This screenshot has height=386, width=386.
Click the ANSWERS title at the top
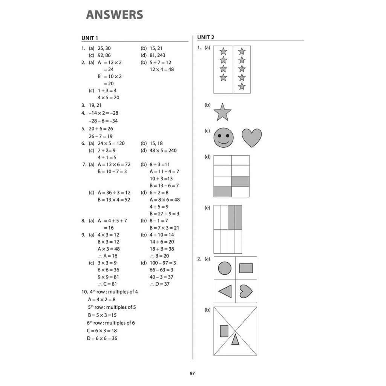click(115, 15)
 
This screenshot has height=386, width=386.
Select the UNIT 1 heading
click(90, 38)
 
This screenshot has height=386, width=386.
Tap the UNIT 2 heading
click(206, 37)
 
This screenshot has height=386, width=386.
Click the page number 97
click(192, 374)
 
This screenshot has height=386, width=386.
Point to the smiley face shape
click(224, 138)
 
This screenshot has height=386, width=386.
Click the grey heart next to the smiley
click(251, 138)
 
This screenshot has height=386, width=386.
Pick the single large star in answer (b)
click(222, 112)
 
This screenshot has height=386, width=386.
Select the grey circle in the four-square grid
click(225, 268)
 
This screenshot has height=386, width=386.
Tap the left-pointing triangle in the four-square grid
click(225, 291)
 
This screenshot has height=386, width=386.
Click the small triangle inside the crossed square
click(235, 339)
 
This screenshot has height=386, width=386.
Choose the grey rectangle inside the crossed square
click(224, 331)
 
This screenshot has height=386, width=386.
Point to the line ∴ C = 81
click(107, 284)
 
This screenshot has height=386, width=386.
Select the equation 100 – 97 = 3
click(163, 263)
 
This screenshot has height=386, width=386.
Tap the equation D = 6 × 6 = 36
click(102, 338)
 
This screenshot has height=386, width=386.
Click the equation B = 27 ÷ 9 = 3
click(164, 214)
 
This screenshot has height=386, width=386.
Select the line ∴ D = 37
click(160, 284)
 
